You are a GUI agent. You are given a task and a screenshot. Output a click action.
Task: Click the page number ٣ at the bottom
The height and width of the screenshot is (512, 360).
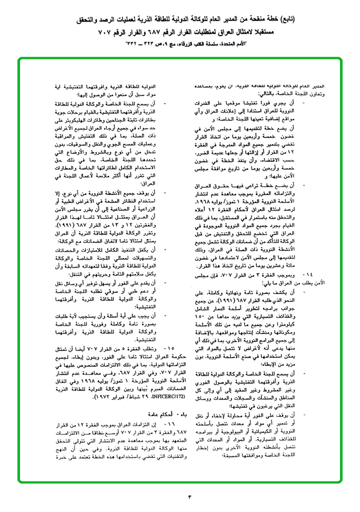pos(189,497)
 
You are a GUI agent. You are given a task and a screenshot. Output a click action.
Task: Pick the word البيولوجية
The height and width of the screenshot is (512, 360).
pos(232,436)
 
